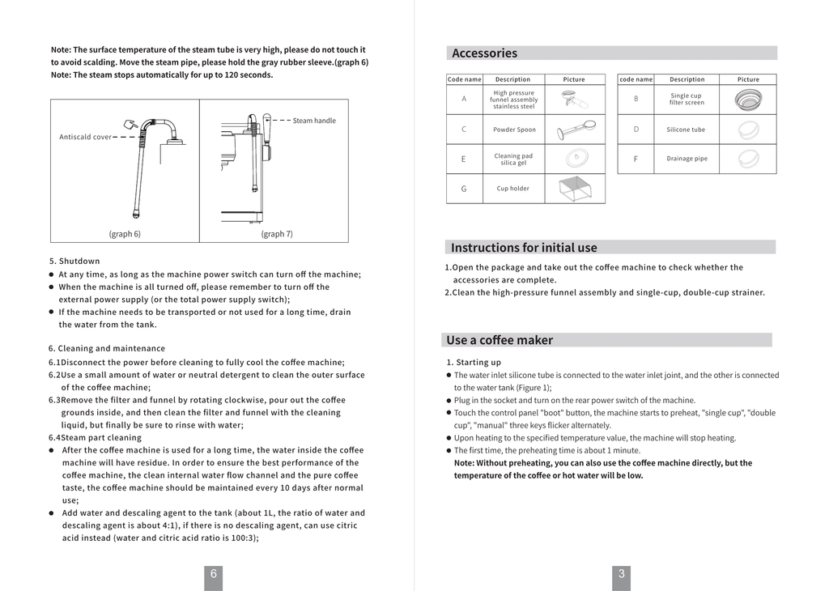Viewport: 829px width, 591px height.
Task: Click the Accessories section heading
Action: (484, 53)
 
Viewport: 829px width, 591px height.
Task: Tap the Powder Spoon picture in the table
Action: (574, 129)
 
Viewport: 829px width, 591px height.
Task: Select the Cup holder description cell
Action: (512, 189)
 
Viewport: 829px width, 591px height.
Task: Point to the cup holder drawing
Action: (574, 189)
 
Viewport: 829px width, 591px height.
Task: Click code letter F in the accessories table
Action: (636, 159)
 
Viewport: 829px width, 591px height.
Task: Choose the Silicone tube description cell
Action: (686, 130)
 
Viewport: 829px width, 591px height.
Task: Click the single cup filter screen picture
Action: (748, 100)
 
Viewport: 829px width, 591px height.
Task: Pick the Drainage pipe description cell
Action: (687, 159)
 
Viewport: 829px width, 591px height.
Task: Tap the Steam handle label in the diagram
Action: (314, 121)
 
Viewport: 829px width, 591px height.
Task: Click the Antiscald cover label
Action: (85, 137)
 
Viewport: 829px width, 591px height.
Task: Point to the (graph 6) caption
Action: (125, 234)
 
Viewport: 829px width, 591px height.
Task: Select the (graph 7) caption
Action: (277, 234)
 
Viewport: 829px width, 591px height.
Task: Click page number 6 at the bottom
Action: (213, 574)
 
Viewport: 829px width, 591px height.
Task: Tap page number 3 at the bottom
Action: (621, 574)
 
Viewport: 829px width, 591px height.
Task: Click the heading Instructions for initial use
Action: (524, 248)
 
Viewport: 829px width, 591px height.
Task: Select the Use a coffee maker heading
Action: (500, 340)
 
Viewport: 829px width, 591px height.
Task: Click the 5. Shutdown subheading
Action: (74, 261)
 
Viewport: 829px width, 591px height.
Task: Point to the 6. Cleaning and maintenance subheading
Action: (106, 349)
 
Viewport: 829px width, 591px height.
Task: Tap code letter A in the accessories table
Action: (464, 99)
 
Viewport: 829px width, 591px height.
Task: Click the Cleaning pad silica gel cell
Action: (513, 159)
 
